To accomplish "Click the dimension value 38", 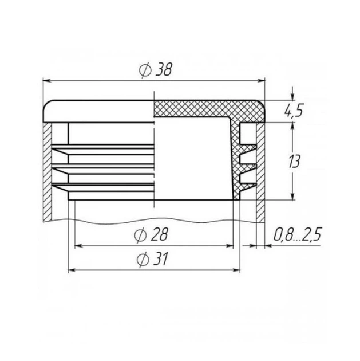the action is coord(164,69).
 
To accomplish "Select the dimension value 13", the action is coord(294,162).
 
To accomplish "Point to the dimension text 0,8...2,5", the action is coord(298,234).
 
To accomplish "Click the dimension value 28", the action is coord(159,234).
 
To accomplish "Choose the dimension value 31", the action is coord(161,258).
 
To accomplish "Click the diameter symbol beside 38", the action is coord(145,70).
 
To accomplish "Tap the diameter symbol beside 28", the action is coord(140,236).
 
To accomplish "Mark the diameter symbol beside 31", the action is coord(143,260).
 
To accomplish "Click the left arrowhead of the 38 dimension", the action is coord(47,81).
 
